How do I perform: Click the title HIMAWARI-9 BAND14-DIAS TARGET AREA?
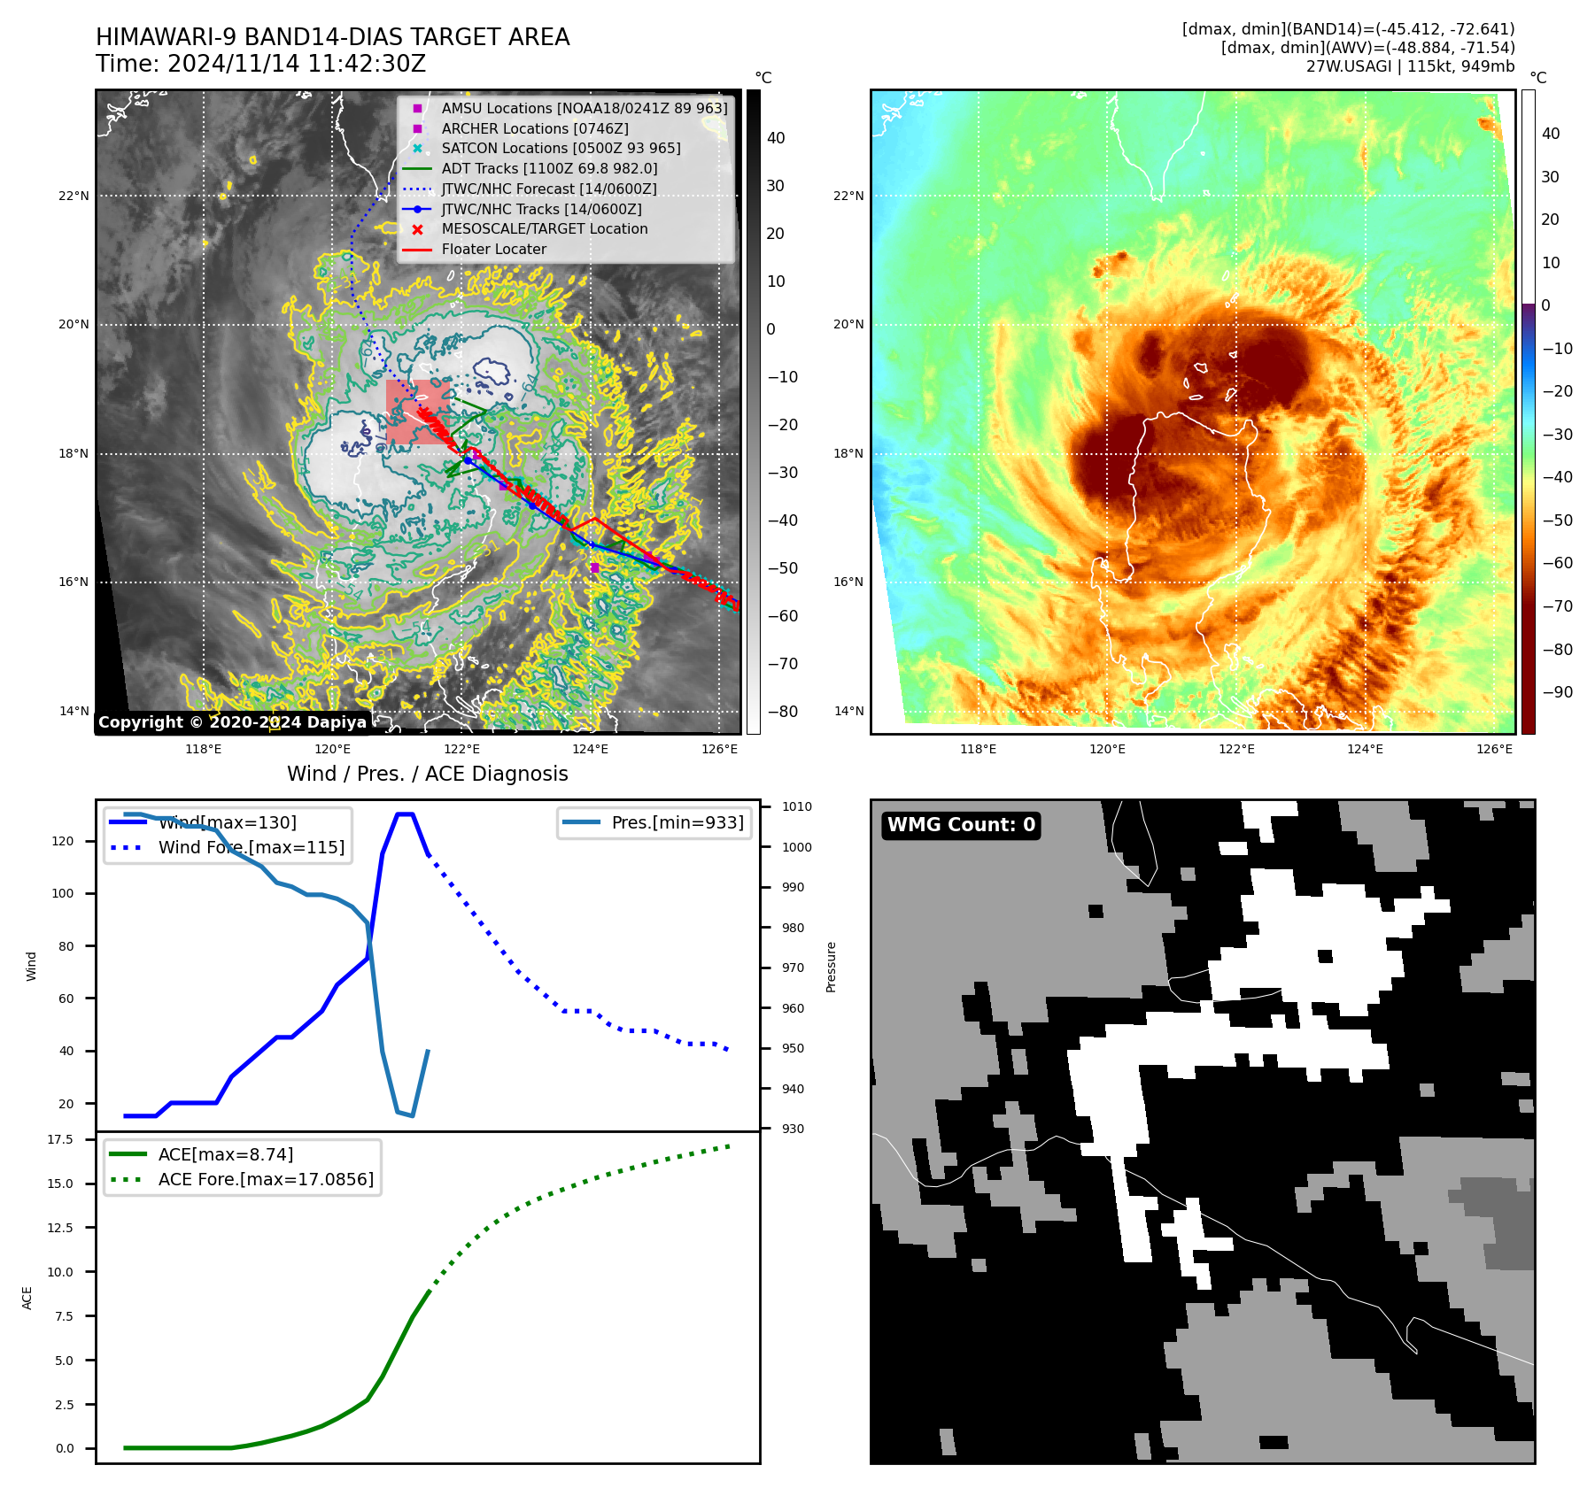(x=332, y=37)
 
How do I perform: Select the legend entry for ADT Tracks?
(x=549, y=168)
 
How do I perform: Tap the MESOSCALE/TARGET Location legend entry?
(x=544, y=228)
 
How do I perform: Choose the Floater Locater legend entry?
(x=493, y=249)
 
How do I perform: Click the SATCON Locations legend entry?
(x=561, y=148)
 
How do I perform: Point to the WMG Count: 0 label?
(x=961, y=825)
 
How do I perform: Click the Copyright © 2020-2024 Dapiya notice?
(x=232, y=722)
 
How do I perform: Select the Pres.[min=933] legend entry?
(x=677, y=822)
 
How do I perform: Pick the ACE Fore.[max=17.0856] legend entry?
(x=265, y=1179)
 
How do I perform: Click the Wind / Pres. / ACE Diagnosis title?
(x=427, y=774)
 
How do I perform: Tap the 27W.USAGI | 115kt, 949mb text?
(x=1410, y=66)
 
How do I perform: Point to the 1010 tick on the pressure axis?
(x=796, y=806)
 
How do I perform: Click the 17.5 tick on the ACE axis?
(x=60, y=1139)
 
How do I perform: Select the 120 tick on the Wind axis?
(x=63, y=841)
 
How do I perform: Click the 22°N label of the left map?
(x=74, y=196)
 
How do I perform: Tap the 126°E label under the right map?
(x=1494, y=749)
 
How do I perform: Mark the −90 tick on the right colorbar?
(x=1557, y=692)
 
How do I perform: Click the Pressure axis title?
(x=831, y=967)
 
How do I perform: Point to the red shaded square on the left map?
(x=416, y=411)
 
